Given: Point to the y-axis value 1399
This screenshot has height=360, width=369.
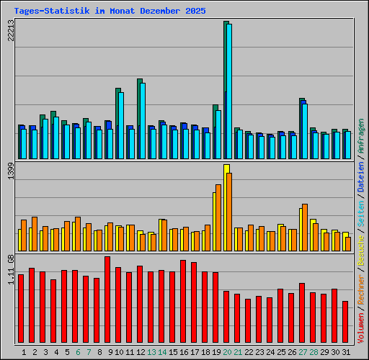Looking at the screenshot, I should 10,175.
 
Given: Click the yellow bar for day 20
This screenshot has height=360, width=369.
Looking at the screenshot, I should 226,208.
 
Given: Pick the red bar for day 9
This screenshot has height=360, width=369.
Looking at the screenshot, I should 107,300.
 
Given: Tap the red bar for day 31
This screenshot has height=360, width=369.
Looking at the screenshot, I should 345,322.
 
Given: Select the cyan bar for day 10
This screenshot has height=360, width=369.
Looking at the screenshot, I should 121,125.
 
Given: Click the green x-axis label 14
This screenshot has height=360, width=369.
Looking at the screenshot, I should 162,352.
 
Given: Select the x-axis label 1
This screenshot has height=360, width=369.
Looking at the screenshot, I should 24,352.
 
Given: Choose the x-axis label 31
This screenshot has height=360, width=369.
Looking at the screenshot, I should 346,352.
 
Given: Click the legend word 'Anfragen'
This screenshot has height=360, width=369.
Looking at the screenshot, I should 361,138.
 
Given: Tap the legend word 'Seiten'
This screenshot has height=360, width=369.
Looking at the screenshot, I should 361,210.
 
